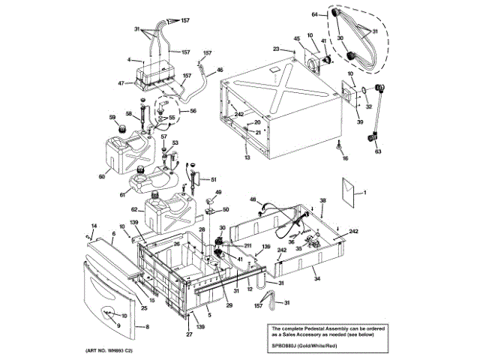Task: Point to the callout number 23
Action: coord(276,49)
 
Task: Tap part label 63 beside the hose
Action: coord(378,151)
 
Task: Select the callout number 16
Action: coord(346,159)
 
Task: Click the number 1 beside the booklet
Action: coord(365,193)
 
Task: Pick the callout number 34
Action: coord(317,279)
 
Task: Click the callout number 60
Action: coord(102,177)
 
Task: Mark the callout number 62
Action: coord(134,209)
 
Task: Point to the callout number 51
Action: coord(213,179)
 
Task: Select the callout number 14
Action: coord(94,226)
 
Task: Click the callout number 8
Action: coord(147,327)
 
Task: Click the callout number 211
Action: coord(247,245)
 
